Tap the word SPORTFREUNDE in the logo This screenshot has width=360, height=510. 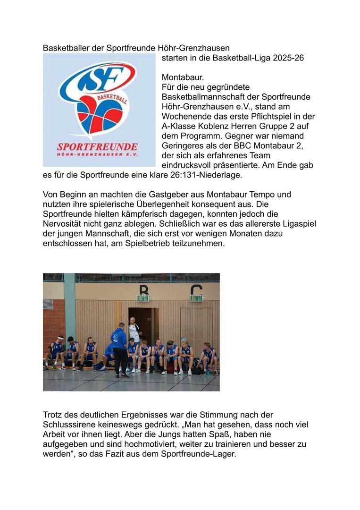coord(97,146)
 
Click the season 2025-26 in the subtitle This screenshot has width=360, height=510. coord(288,58)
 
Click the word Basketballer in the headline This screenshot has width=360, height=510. coord(63,48)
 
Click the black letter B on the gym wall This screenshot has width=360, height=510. coord(143,289)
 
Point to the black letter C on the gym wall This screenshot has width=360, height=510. coord(196,289)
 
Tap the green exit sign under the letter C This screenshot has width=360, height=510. coord(196,298)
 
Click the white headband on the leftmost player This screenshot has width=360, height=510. coord(60,338)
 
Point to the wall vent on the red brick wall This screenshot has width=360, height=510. coord(49,304)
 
